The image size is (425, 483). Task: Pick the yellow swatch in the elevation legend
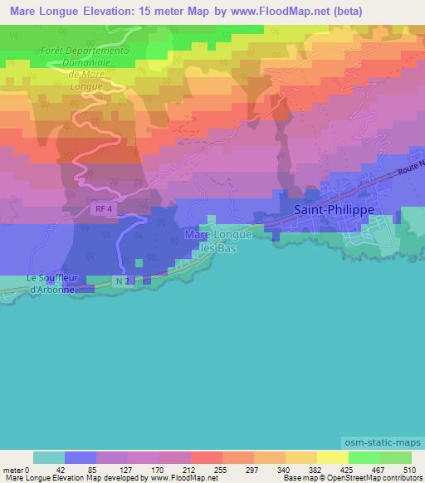(332, 457)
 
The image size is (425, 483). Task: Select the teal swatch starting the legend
(49, 457)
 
